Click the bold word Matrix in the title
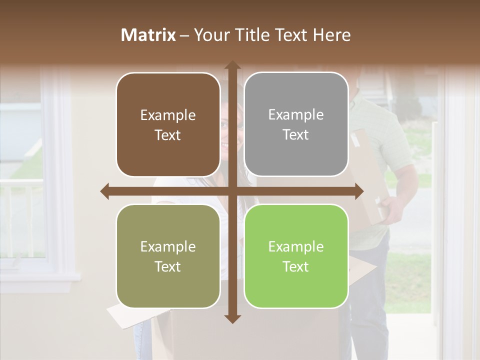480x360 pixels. (148, 35)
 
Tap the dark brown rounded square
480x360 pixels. (168, 124)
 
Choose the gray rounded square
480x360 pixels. (296, 124)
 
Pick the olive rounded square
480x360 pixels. (168, 256)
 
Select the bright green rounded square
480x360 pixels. (296, 256)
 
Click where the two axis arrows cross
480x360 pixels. (232, 191)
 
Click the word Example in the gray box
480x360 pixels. (296, 114)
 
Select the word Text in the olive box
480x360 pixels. (168, 266)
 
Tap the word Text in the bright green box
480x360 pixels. (296, 266)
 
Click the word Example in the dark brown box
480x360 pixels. (168, 115)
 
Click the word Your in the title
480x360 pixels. (209, 35)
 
